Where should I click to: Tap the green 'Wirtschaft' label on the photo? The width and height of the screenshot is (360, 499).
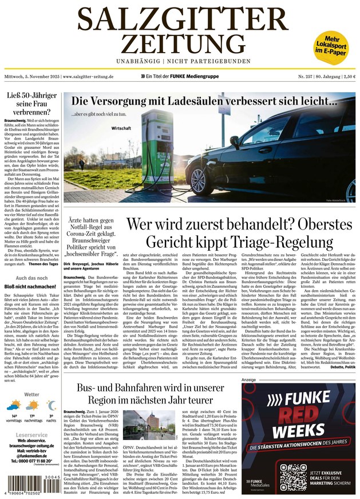pyautogui.click(x=122, y=128)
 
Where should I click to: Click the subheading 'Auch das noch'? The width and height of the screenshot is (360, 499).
pyautogui.click(x=31, y=278)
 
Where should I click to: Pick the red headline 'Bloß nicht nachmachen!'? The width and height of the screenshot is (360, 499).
pyautogui.click(x=31, y=286)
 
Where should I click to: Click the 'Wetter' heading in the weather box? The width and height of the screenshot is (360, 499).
pyautogui.click(x=31, y=394)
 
